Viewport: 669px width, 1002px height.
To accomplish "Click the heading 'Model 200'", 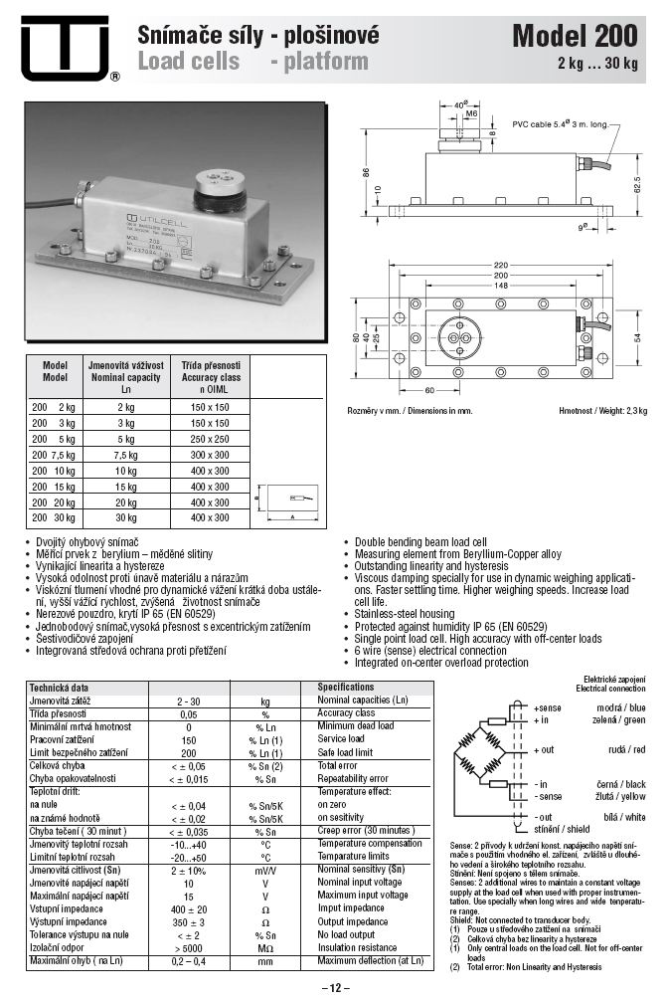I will [x=575, y=37].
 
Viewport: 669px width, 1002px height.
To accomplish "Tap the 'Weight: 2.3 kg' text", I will [x=610, y=411].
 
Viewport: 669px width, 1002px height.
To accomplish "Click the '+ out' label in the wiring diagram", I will [x=544, y=749].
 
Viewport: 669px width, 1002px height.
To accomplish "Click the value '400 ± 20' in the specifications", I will [x=188, y=908].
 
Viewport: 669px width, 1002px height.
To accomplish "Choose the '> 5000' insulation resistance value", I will [x=188, y=947].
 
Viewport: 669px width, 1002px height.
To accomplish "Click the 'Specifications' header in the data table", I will [x=346, y=687].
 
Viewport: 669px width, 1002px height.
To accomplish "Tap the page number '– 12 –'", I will [x=335, y=987].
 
